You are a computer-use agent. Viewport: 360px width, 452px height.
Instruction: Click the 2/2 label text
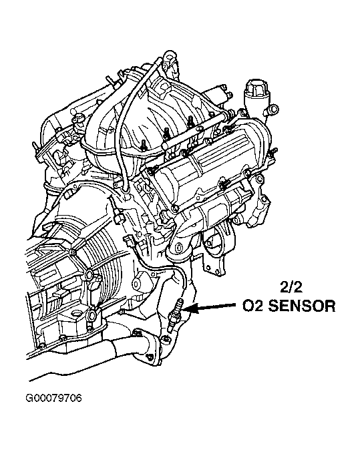click(291, 287)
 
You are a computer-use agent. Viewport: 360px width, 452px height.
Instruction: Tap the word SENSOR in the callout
click(302, 306)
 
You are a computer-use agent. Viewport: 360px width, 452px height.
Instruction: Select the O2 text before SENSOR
click(252, 306)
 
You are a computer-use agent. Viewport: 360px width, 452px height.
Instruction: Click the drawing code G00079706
click(54, 399)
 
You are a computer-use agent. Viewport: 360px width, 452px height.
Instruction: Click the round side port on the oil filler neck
click(273, 109)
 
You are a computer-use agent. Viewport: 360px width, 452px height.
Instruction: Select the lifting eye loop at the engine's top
click(170, 56)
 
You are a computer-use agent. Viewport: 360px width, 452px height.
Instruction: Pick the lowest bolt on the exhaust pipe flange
click(149, 358)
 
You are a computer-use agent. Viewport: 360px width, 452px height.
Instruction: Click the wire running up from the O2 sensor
click(162, 265)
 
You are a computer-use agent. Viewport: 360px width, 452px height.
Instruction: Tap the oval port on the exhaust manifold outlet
click(178, 247)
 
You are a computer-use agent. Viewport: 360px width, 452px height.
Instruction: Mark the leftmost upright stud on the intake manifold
click(144, 145)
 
